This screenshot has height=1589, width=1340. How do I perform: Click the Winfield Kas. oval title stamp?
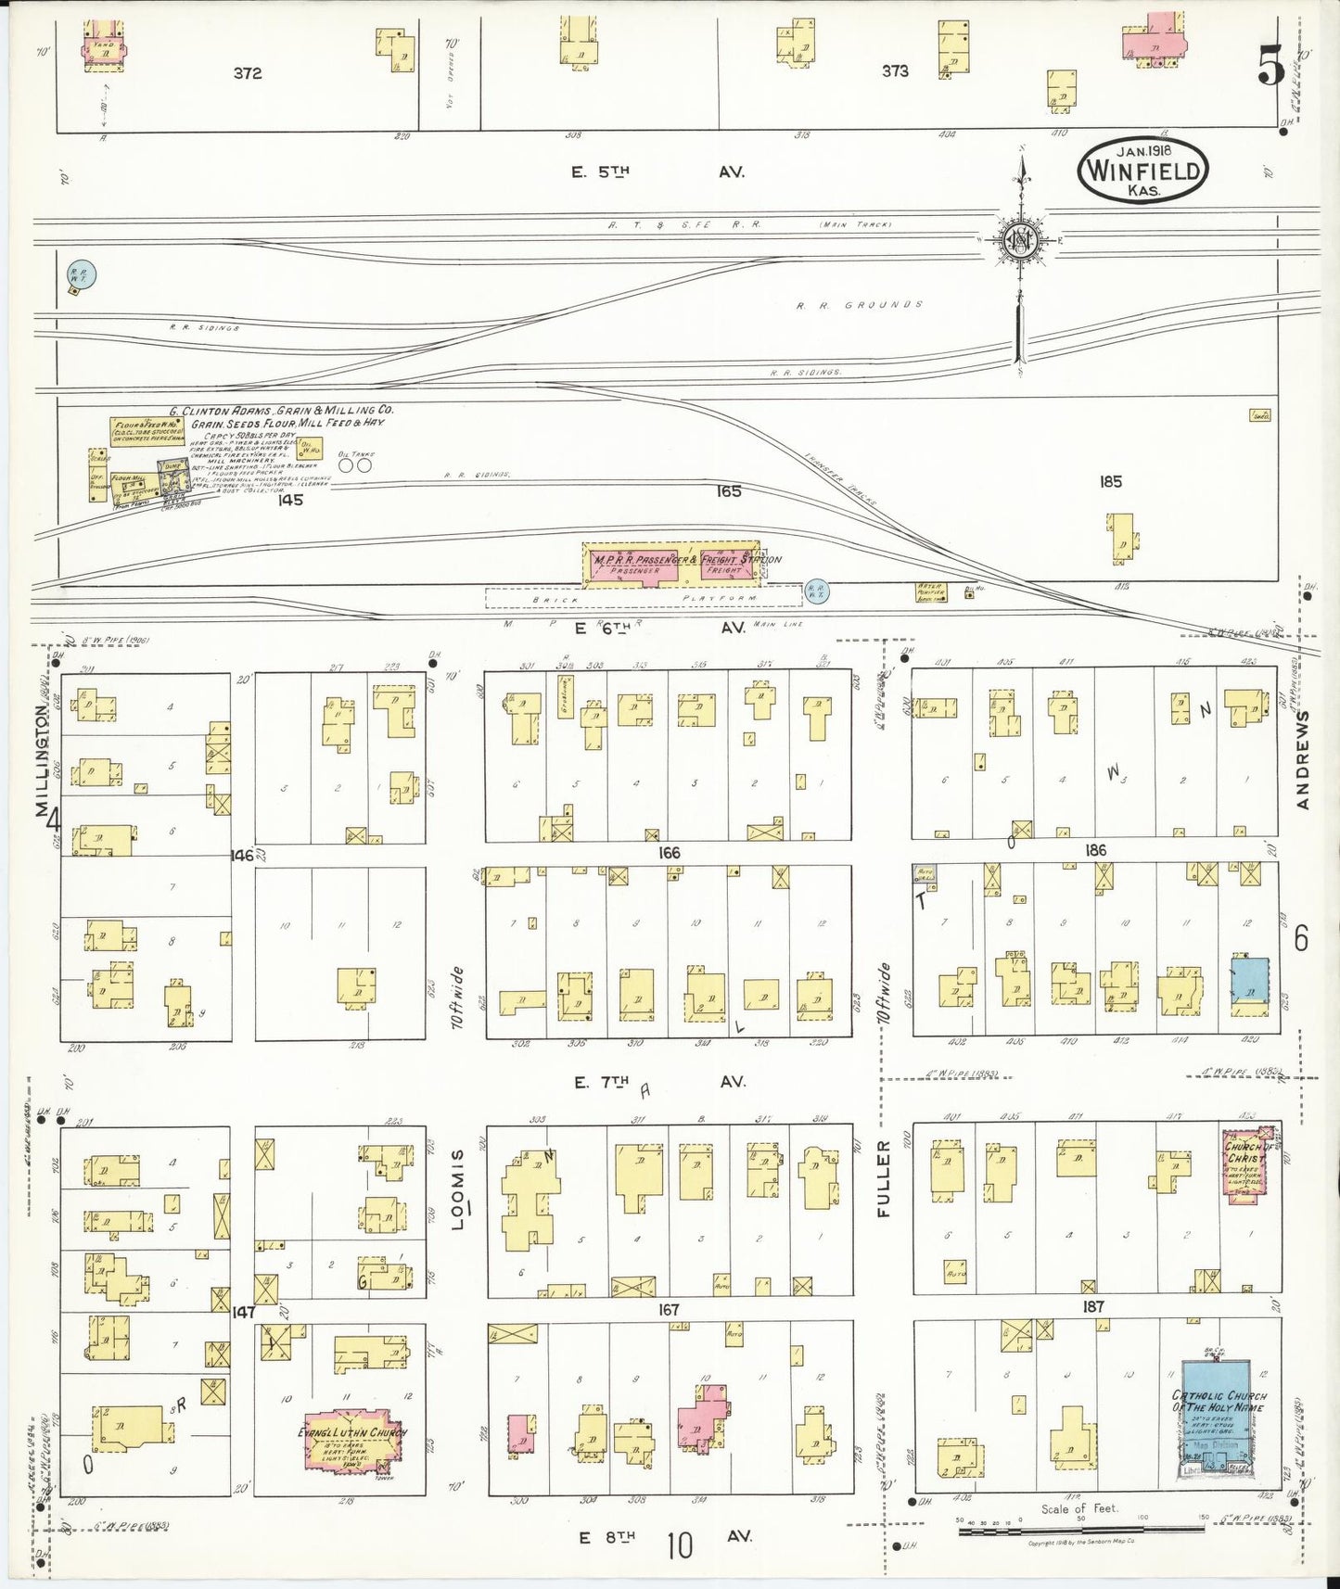click(1142, 171)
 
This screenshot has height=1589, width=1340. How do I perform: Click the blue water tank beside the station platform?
click(816, 591)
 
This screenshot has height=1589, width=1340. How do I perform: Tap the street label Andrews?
click(1303, 760)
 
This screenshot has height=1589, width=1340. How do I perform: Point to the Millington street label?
click(43, 760)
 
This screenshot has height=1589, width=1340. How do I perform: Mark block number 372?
click(248, 73)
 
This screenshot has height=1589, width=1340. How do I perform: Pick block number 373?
click(895, 70)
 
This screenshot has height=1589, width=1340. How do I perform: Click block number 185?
click(1110, 481)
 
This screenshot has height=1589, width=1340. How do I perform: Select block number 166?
click(669, 852)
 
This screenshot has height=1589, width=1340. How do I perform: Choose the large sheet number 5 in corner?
click(1270, 66)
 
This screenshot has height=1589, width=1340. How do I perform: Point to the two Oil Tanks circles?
click(355, 465)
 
